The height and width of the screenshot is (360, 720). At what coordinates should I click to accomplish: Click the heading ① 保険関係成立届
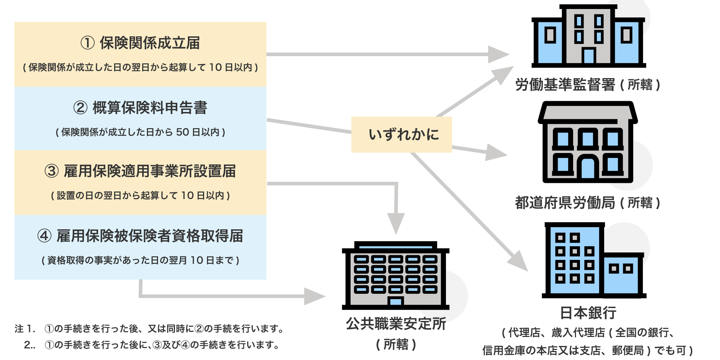[x=140, y=43]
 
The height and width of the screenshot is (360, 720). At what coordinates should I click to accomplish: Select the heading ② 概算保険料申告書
[x=140, y=108]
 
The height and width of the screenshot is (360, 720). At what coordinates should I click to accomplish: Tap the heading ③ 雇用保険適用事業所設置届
[x=140, y=171]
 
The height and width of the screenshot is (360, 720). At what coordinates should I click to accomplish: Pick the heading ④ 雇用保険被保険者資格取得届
[x=140, y=236]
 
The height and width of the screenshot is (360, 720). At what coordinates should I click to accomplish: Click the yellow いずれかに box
[x=401, y=134]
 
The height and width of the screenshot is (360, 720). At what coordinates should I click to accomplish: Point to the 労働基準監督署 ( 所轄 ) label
[x=588, y=85]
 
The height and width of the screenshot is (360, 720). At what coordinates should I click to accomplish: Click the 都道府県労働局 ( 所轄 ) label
[x=588, y=203]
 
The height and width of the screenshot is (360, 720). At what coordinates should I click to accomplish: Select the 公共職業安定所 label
[x=396, y=324]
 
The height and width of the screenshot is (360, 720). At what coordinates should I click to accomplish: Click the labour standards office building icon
[x=588, y=36]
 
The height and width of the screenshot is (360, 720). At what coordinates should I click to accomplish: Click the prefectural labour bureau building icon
[x=588, y=144]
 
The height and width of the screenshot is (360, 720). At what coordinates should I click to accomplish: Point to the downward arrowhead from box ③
[x=396, y=224]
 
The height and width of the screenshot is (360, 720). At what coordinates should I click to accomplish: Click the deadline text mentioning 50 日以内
[x=140, y=132]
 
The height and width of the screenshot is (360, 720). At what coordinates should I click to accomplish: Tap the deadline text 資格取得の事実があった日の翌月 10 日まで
[x=140, y=260]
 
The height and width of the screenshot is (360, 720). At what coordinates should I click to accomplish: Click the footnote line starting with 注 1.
[x=149, y=329]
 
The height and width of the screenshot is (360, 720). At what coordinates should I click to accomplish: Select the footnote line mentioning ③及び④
[x=151, y=345]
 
